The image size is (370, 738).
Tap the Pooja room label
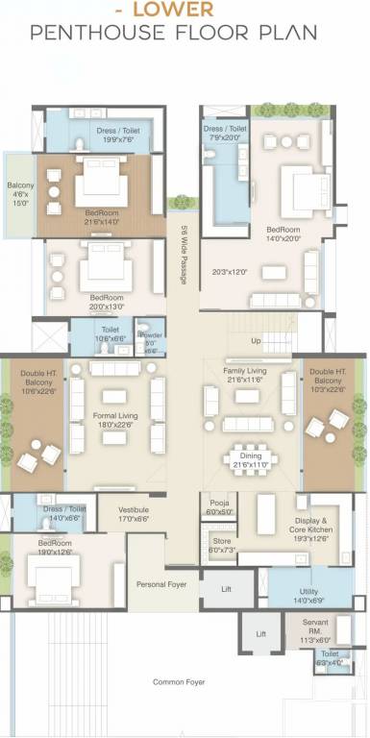pyautogui.click(x=214, y=508)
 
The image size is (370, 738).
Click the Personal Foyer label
pyautogui.click(x=161, y=583)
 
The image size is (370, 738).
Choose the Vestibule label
pyautogui.click(x=134, y=513)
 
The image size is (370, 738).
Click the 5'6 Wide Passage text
pyautogui.click(x=184, y=255)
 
